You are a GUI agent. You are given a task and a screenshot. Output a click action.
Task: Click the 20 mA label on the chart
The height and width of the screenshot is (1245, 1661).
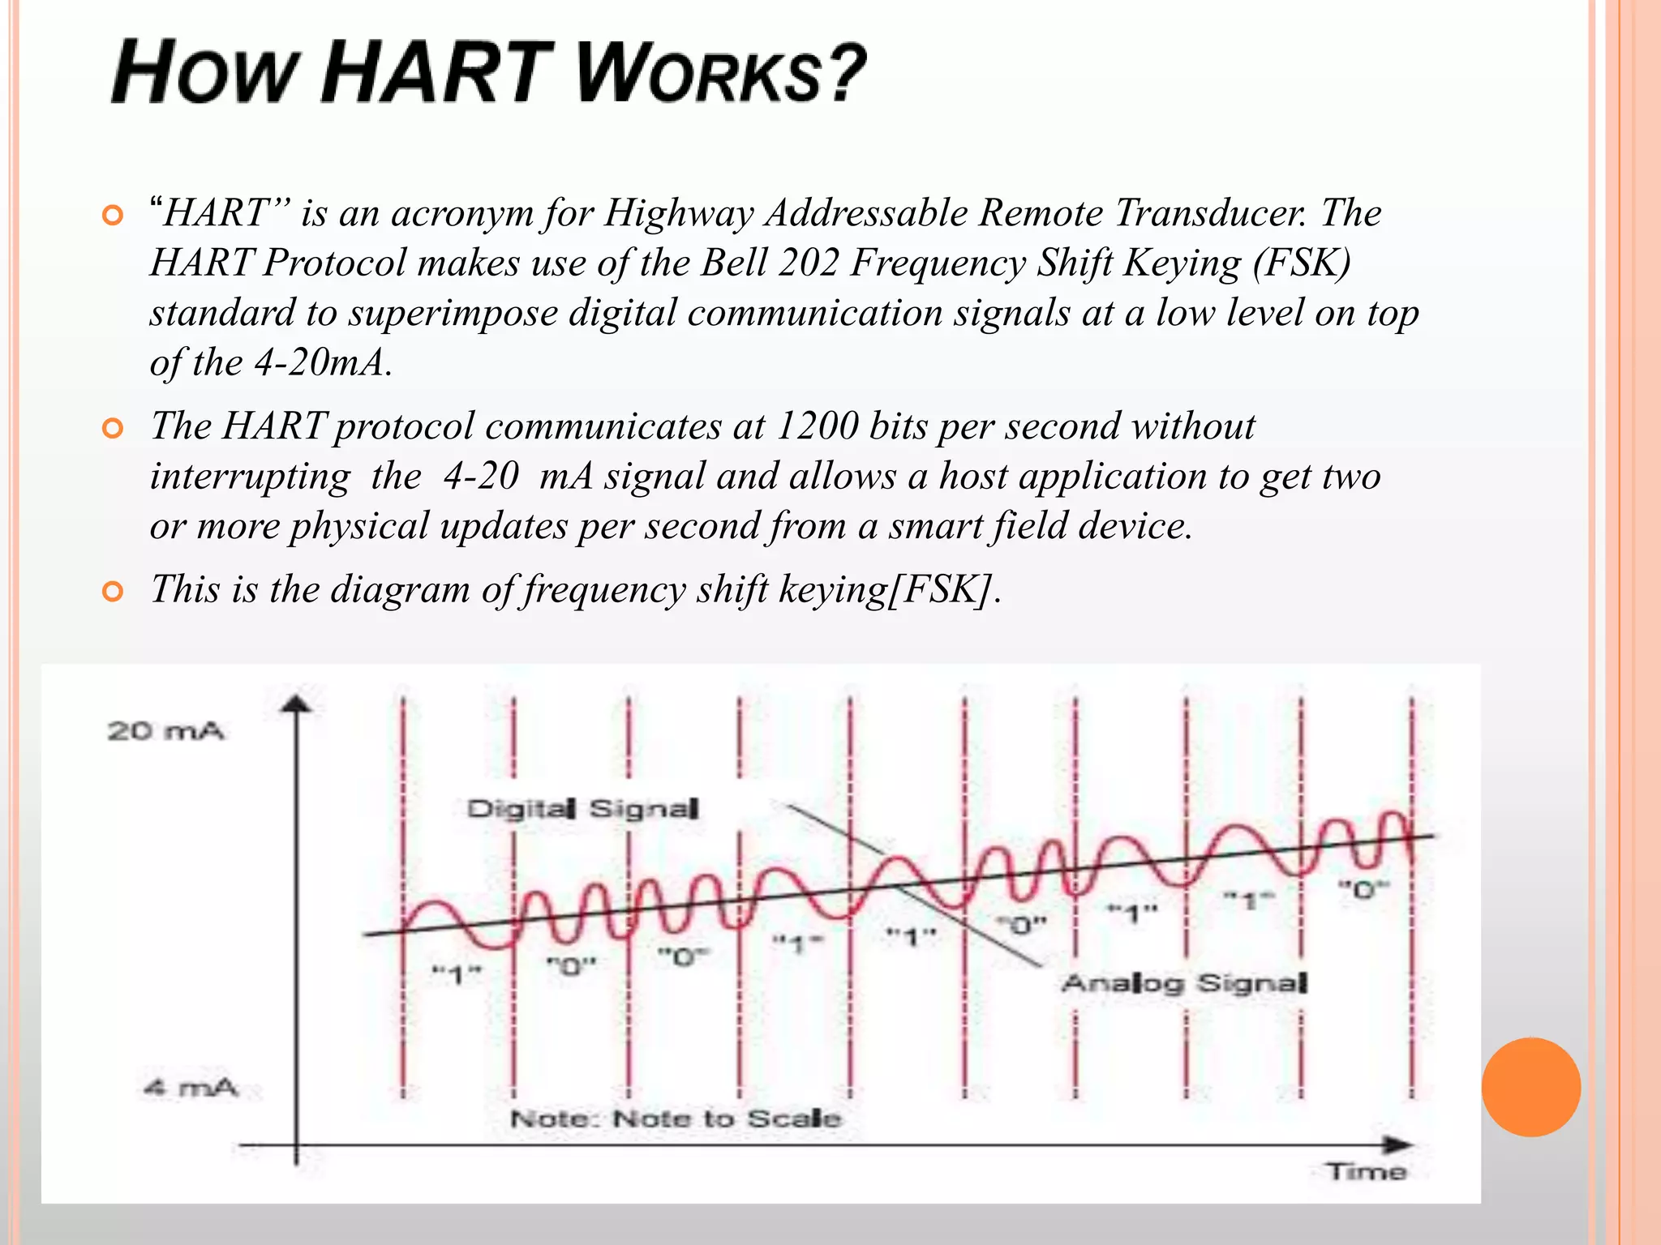point(165,731)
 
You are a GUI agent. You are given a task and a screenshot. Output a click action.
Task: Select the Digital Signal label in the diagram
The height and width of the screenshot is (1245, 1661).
point(582,809)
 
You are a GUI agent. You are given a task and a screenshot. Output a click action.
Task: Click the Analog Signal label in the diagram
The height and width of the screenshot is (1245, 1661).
point(1184,983)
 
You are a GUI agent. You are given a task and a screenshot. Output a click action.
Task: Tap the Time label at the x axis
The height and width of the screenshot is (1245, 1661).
point(1367,1171)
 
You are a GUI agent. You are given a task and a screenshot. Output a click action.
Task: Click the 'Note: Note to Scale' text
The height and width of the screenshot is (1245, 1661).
point(676,1119)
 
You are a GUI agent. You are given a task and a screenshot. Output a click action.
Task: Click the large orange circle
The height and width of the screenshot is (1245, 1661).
point(1530,1087)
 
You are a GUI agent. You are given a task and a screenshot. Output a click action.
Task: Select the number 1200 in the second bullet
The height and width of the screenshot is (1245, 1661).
point(817,426)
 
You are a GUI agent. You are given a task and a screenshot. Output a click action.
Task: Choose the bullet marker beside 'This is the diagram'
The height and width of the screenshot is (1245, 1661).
point(114,592)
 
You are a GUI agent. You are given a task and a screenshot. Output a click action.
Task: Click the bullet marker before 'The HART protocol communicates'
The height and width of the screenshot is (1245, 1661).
point(114,428)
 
